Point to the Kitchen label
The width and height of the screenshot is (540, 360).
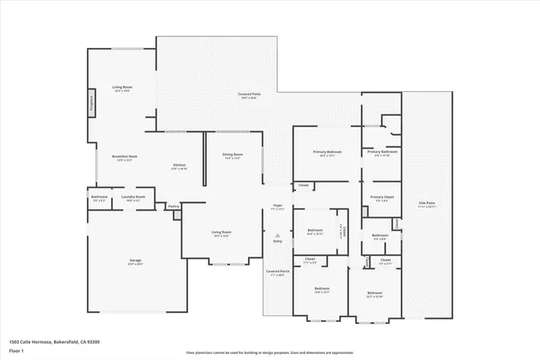(x=179, y=165)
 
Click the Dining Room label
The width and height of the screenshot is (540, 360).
(x=233, y=155)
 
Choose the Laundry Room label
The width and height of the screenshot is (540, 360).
(x=135, y=197)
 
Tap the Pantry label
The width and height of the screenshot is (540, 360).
(x=173, y=206)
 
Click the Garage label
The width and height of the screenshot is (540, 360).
(x=135, y=262)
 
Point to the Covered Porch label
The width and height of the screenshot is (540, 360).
(x=278, y=271)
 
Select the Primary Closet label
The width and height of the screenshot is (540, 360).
(x=381, y=197)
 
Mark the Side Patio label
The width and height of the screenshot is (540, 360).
(x=427, y=203)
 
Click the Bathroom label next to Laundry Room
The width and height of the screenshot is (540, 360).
(x=99, y=197)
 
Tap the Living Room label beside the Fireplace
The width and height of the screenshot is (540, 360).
(x=123, y=88)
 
